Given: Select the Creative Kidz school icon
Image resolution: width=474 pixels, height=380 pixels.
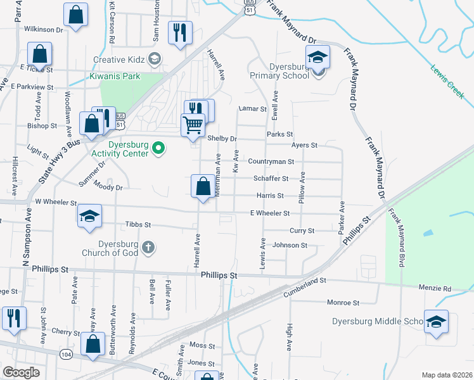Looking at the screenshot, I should coord(153,60).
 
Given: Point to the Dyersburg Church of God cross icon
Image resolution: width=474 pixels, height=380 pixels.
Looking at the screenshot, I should coord(148,246).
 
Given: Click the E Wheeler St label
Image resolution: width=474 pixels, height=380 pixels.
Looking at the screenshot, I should coord(269,214).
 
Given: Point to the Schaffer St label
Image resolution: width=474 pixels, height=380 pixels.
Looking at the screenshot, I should coord(271,179).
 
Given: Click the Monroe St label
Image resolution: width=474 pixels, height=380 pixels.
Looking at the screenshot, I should coord(343,303).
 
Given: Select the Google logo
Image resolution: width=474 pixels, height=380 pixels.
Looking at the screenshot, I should coord(22,372).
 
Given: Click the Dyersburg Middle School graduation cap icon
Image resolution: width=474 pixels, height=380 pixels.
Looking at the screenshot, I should coord(436,322).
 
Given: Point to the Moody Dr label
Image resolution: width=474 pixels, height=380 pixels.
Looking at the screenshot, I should coord(107,187).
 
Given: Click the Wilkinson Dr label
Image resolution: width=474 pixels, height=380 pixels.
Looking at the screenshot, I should coord(44,29).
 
